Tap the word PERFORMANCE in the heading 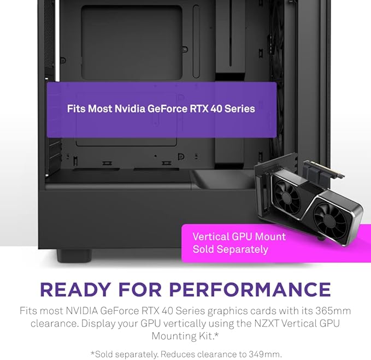click(250, 290)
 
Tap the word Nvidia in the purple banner click(129, 109)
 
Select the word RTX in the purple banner click(199, 109)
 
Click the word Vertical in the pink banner click(211, 237)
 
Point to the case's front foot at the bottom click(74, 256)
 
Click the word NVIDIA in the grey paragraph click(82, 311)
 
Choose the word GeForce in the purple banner click(167, 109)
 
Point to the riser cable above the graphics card click(323, 170)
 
